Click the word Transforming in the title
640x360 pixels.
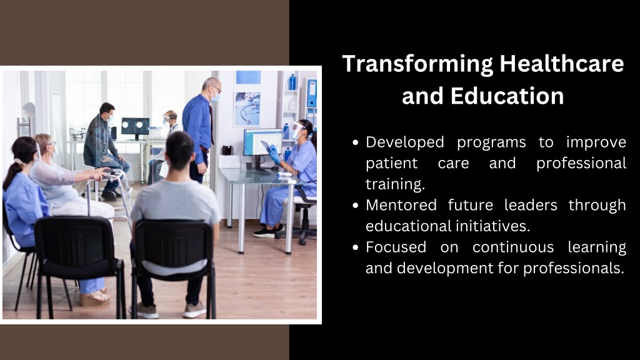click(417, 64)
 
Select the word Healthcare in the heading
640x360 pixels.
click(562, 64)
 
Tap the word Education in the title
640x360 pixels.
click(507, 96)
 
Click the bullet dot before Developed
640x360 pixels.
click(356, 142)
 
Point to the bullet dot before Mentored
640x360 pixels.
click(356, 205)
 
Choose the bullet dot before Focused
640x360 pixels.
click(356, 247)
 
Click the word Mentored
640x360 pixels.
click(401, 205)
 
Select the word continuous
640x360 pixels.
click(513, 247)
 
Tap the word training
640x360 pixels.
click(395, 184)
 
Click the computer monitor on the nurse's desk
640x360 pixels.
click(262, 142)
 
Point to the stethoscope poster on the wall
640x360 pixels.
click(247, 109)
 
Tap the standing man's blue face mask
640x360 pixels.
click(216, 97)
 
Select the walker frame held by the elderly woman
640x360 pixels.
click(108, 195)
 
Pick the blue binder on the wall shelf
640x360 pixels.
click(311, 94)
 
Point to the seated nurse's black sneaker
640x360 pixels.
click(265, 232)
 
